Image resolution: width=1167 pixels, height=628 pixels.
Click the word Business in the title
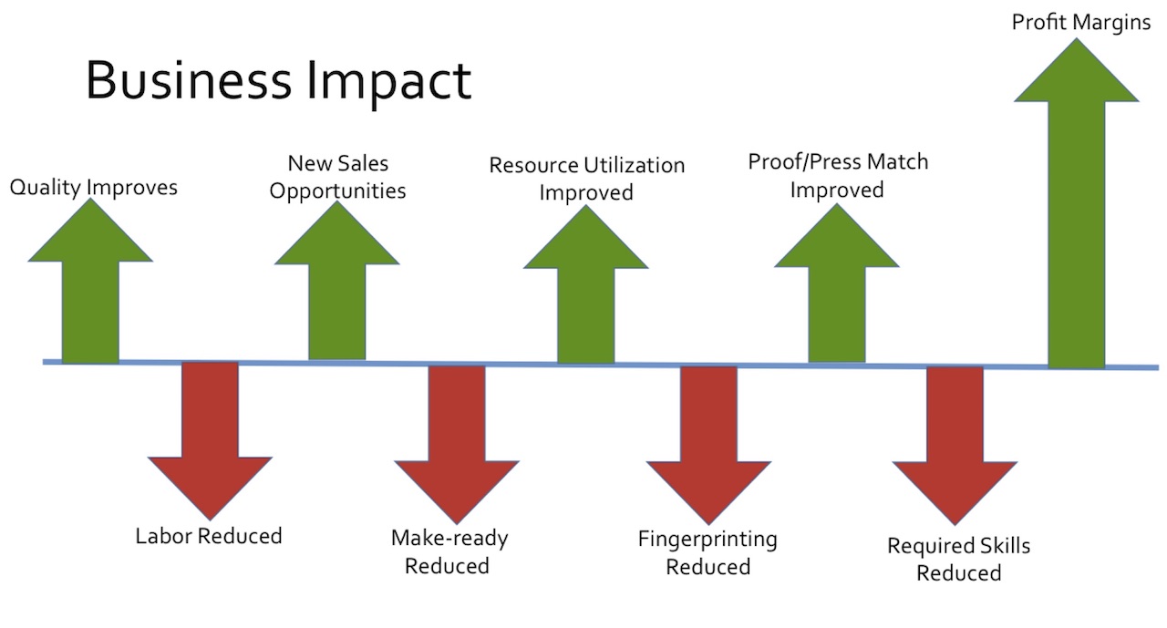coord(188,80)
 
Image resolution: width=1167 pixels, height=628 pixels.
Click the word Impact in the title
coord(389,84)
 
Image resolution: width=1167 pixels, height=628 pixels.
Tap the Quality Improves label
coord(94,188)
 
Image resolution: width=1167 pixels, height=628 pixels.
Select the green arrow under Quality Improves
coord(90,282)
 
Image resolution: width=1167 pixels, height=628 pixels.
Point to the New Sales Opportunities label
coord(337,177)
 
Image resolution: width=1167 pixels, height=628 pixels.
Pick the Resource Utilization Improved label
coord(586,179)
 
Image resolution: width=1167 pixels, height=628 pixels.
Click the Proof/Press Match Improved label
coord(838,176)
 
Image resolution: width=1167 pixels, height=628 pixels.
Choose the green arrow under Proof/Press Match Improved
coord(837,283)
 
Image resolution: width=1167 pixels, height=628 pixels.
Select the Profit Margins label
coord(1081,23)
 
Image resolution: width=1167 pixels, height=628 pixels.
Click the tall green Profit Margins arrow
coord(1077,204)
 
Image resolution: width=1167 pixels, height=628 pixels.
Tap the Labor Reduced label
coord(209,536)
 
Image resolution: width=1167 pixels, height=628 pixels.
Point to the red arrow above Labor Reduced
coord(210,440)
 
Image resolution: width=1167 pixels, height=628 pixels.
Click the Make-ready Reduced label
coord(449,552)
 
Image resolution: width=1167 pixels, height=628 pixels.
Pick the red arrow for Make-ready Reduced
coord(457,444)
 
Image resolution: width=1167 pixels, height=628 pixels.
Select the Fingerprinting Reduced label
coord(707,553)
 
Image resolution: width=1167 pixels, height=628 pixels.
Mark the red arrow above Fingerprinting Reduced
coord(708,445)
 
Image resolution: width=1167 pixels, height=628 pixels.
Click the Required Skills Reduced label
coord(958,560)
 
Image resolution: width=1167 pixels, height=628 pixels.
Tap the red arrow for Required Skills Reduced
coord(955,446)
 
